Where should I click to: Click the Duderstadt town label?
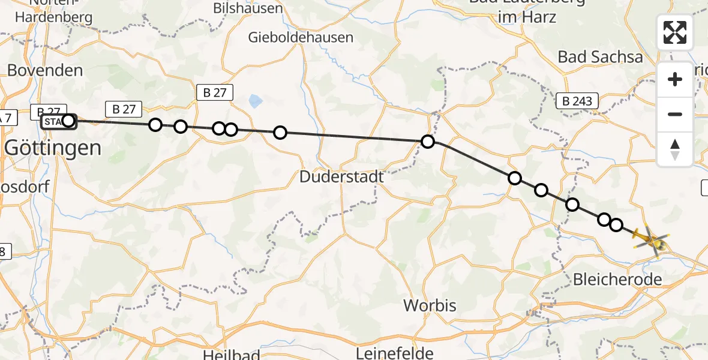coord(341,178)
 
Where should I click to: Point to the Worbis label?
coord(430,305)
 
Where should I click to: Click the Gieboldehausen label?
coord(301,37)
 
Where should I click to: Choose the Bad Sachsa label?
coord(600,57)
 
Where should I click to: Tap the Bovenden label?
coord(45,70)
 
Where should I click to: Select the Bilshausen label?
coord(248,9)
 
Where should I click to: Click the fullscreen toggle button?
coord(675,32)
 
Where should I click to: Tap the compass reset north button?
coord(675,149)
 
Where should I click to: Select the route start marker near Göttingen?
coord(68,121)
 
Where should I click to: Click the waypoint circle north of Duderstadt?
coord(280,133)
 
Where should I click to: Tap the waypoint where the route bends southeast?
coord(428,142)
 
